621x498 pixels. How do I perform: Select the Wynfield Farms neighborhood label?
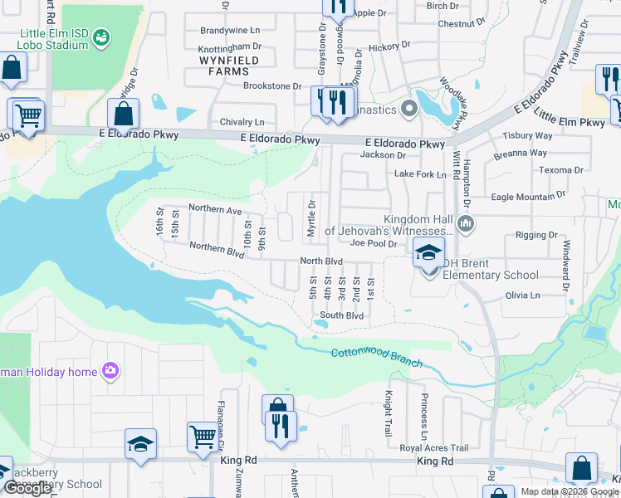coord(229,66)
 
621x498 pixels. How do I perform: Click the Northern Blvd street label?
coord(217,249)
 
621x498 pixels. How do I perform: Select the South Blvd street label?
coord(342,315)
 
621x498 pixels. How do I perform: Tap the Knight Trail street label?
coord(387,415)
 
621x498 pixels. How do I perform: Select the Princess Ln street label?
coord(425,423)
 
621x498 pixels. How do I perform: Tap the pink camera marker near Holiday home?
coord(110,371)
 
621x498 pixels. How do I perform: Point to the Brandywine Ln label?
coord(231,30)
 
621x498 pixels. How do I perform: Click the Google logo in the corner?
coord(27,489)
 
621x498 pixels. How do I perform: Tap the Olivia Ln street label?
coord(523,295)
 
